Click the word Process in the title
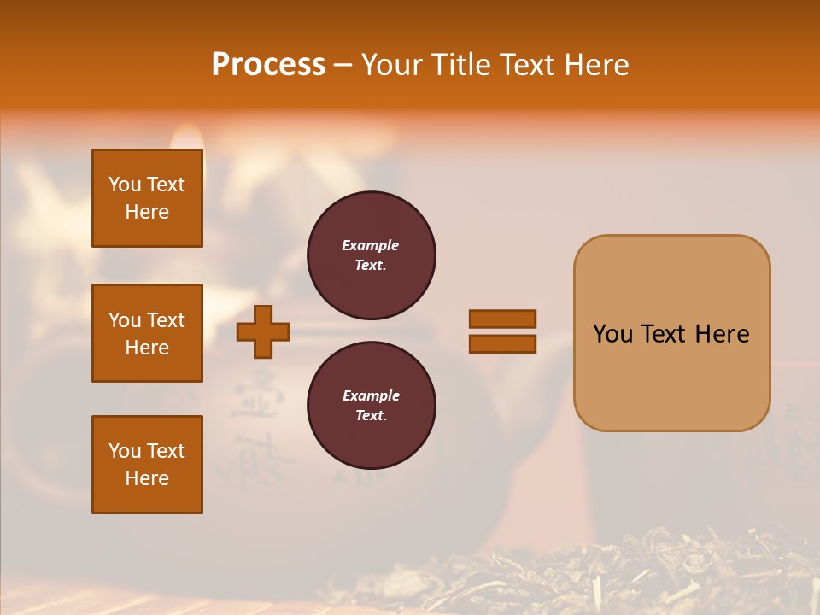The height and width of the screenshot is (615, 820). [x=268, y=65]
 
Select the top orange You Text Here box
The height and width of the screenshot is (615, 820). [x=147, y=198]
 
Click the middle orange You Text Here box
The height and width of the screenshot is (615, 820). [x=147, y=333]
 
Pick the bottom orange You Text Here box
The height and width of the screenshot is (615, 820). [x=147, y=465]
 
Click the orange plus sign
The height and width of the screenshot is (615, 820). [x=263, y=331]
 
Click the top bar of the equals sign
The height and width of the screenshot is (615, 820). [x=502, y=319]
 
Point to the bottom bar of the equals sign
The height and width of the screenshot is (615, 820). [x=502, y=344]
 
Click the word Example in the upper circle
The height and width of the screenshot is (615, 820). [x=371, y=245]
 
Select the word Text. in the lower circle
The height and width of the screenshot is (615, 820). [x=371, y=415]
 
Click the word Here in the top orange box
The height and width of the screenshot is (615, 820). [x=147, y=212]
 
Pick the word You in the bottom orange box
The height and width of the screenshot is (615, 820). [x=125, y=451]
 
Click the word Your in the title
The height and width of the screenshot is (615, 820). [x=392, y=65]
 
